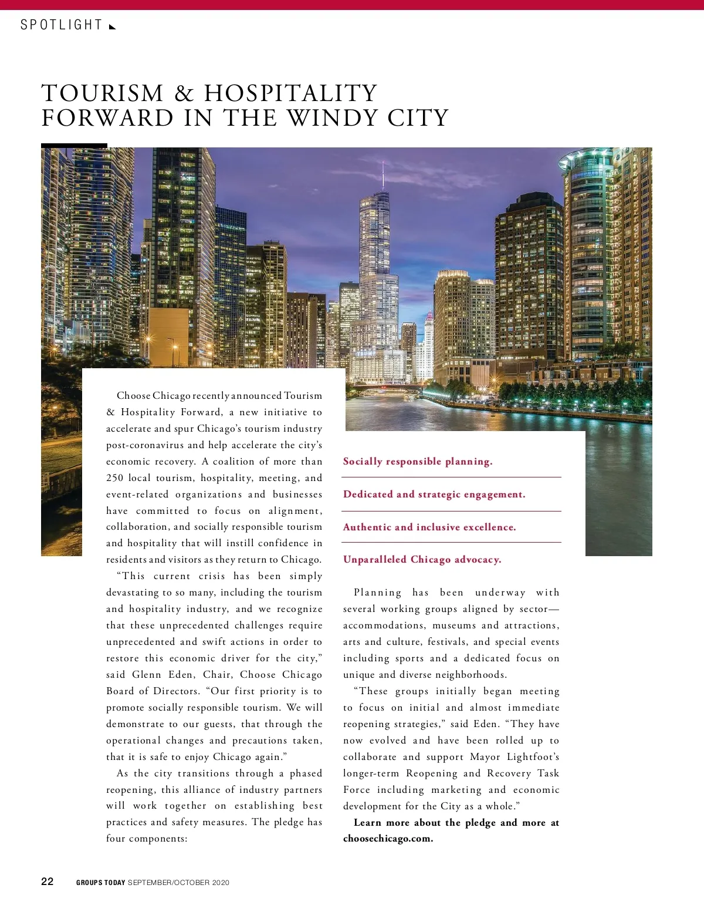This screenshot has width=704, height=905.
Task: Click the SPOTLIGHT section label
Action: click(x=61, y=25)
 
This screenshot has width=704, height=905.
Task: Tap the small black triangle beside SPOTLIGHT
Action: click(x=113, y=26)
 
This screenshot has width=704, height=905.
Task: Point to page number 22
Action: click(x=48, y=882)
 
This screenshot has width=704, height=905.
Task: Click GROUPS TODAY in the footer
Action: click(x=100, y=883)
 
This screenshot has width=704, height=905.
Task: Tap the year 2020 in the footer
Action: click(x=221, y=883)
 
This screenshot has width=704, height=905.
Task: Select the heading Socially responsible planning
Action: click(x=418, y=462)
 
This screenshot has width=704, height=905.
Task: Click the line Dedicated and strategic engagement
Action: click(x=434, y=494)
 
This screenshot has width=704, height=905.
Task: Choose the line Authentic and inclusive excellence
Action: click(x=429, y=527)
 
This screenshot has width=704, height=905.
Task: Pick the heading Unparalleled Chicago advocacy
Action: click(x=422, y=560)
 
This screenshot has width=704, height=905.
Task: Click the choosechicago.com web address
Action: click(x=388, y=839)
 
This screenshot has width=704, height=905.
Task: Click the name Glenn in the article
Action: click(x=147, y=675)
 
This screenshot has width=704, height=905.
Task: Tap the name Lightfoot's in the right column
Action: click(x=533, y=757)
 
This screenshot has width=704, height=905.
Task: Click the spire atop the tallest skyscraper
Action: click(x=383, y=174)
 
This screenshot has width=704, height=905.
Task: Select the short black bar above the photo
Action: click(x=74, y=145)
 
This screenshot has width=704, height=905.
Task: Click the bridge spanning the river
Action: click(x=387, y=388)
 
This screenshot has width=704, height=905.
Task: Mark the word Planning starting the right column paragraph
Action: click(x=378, y=593)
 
